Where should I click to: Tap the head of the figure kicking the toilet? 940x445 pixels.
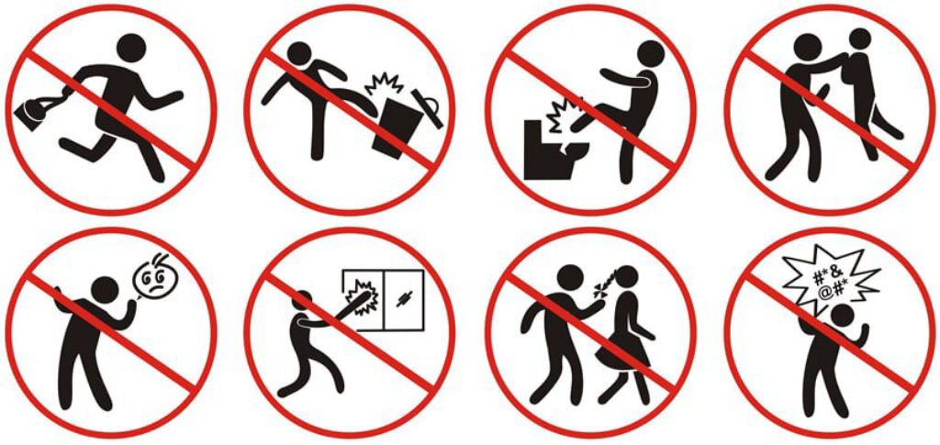(651, 55)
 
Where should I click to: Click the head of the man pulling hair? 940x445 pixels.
(570, 280)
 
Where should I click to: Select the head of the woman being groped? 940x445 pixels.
(859, 39)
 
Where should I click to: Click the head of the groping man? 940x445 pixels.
(808, 46)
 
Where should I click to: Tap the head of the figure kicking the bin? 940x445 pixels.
(300, 52)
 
